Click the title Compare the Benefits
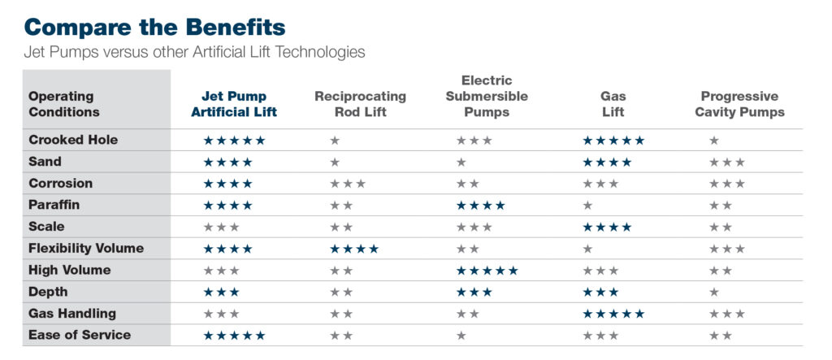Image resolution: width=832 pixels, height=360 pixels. tap(154, 27)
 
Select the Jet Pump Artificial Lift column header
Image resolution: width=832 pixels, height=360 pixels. tap(234, 104)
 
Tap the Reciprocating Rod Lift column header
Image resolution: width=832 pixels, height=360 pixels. tap(360, 104)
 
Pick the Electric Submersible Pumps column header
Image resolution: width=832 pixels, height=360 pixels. tap(486, 96)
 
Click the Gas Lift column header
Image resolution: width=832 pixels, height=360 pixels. tap(613, 104)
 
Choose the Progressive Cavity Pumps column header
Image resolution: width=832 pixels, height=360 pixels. tap(739, 104)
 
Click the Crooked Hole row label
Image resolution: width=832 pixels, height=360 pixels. tap(73, 140)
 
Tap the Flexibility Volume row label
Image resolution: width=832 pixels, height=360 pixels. tap(86, 248)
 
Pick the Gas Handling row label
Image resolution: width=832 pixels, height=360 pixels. tap(72, 313)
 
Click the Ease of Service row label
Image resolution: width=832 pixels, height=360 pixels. tap(80, 335)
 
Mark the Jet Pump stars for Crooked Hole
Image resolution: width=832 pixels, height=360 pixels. tap(234, 141)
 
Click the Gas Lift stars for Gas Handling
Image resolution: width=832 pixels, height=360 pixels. tap(613, 314)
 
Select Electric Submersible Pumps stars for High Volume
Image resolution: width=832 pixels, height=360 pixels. tap(487, 271)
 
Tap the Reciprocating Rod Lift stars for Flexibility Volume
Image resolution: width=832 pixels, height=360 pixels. tap(354, 249)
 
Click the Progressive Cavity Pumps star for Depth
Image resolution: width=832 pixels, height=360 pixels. tap(714, 292)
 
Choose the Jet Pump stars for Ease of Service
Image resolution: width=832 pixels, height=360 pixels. tap(234, 336)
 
